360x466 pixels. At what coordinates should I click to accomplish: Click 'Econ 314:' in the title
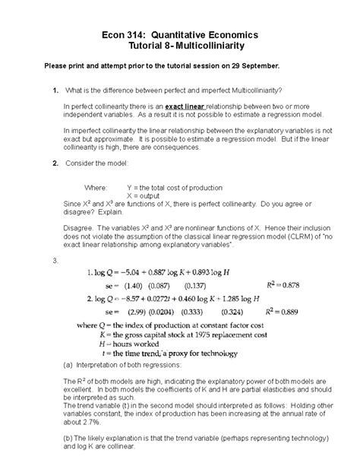tap(124, 35)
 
